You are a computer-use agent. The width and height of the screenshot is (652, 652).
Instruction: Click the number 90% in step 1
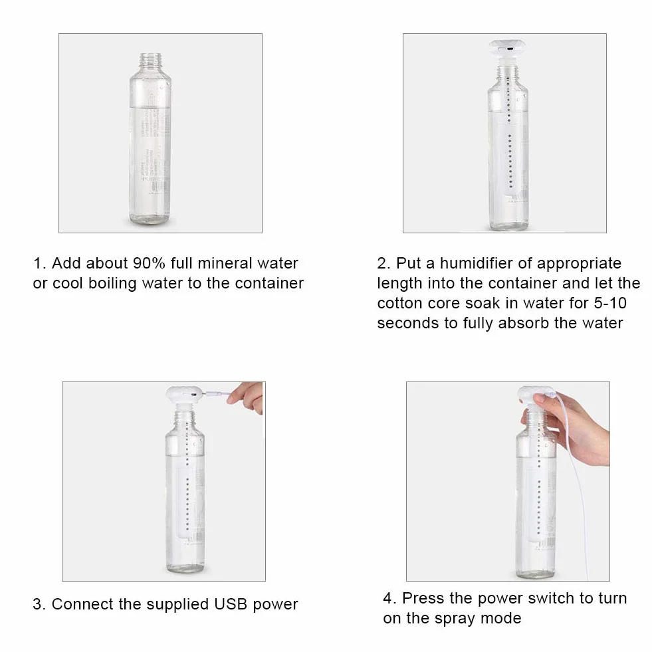pos(149,263)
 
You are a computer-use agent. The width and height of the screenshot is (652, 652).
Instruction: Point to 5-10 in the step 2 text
pos(609,303)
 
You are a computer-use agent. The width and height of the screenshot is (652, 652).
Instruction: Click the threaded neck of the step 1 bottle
pos(150,61)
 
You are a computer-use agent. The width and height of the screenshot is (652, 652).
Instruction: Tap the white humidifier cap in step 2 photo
pos(508,49)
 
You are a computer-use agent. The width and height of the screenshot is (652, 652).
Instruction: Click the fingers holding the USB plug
pos(246,397)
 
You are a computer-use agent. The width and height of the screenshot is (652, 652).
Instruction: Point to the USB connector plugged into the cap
pos(216,393)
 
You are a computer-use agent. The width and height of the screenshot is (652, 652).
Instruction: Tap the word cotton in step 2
pos(398,303)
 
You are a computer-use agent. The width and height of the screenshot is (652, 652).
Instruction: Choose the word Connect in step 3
pos(82,604)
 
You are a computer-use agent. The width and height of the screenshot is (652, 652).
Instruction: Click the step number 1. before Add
pos(39,263)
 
